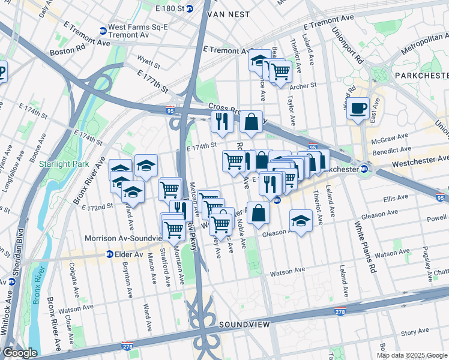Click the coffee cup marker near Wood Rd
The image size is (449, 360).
(x=358, y=109)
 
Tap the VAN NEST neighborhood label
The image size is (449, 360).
(x=228, y=13)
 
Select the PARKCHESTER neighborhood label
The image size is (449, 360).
(x=421, y=76)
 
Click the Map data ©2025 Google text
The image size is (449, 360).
(x=412, y=355)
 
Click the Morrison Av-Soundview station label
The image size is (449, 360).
(x=125, y=238)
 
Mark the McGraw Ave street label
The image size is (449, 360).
(x=391, y=138)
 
